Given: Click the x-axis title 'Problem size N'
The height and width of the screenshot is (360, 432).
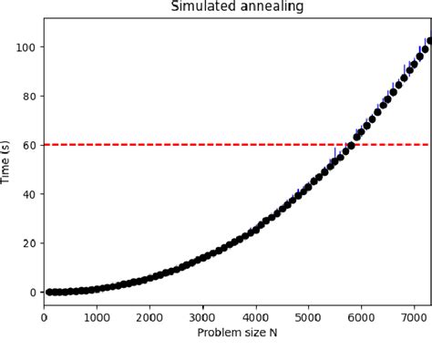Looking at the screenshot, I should coord(237,333).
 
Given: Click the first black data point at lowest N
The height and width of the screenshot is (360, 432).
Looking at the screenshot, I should coord(49,292).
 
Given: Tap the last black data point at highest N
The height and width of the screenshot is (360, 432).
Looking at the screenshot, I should coord(428,41).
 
